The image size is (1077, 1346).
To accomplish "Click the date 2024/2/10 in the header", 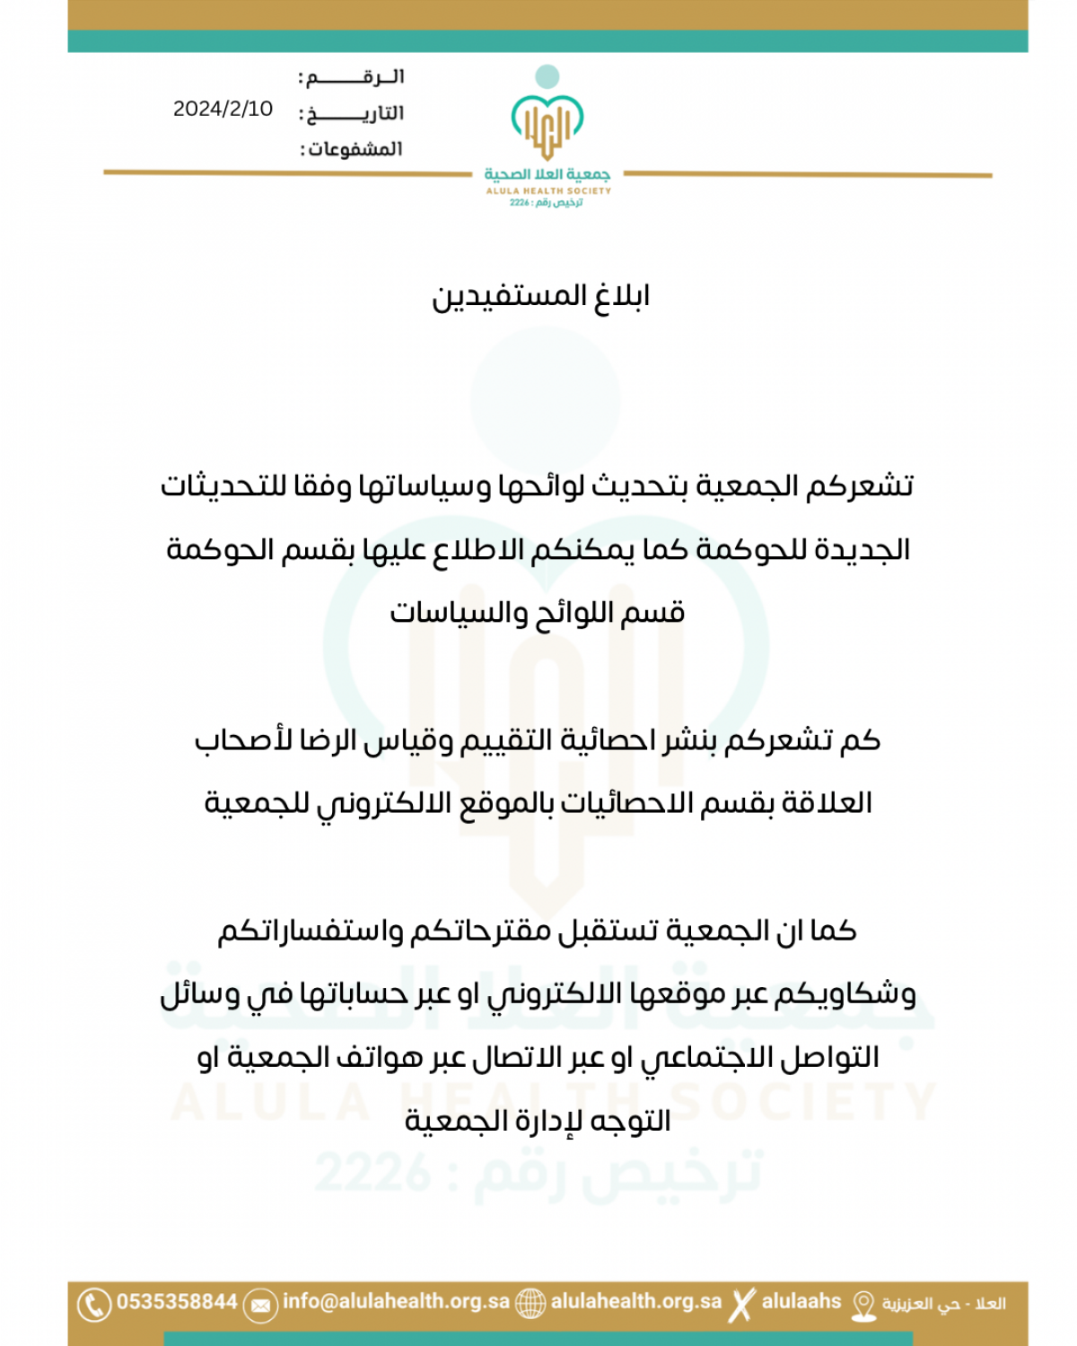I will coord(223,109).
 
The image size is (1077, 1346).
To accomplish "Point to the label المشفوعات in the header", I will coord(352,149).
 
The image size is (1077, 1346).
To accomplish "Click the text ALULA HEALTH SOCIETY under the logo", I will coord(547,190).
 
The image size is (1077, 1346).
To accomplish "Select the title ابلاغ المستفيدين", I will coord(540,296).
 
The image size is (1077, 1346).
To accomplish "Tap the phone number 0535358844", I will coord(177,1301).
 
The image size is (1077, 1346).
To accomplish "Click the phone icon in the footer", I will coord(93,1304).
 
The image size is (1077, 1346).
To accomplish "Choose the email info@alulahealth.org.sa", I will coord(396,1301).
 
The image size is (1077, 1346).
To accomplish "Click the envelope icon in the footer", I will coord(260,1305).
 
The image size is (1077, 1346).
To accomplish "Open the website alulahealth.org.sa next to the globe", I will coord(635,1301).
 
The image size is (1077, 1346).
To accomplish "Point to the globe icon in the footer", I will coord(530,1303).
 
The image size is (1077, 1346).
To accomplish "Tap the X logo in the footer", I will coord(741,1304).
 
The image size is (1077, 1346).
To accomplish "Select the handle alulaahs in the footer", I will coord(801,1301).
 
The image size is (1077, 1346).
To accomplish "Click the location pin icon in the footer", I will coord(863,1305).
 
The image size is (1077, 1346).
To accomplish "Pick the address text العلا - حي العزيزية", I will coord(943,1303).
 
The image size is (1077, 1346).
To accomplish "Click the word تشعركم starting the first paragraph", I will coord(860,485).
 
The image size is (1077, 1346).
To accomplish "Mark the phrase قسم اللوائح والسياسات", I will coord(538,613).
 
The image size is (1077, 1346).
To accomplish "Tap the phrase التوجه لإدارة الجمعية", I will coord(538,1121).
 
